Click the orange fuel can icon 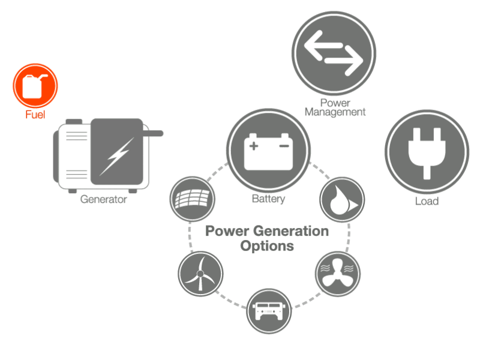[x=35, y=86]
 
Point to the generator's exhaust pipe [x=155, y=131]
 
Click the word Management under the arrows [x=335, y=112]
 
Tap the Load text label [x=427, y=201]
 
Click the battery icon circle [x=268, y=149]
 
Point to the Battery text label [x=268, y=199]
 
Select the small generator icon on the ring [x=268, y=310]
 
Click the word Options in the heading [x=267, y=246]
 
